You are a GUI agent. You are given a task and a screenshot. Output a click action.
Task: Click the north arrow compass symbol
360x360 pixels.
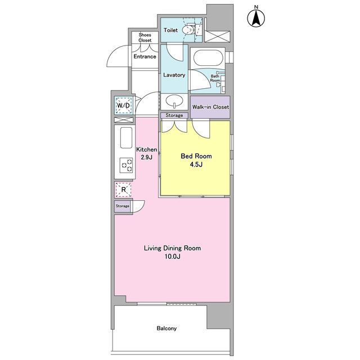coord(256,18)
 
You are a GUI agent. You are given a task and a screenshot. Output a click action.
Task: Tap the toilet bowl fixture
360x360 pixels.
coord(189,29)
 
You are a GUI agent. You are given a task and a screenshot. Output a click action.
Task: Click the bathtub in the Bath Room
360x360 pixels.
coord(208,58)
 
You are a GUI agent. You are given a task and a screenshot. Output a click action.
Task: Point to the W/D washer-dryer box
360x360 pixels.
coord(124,105)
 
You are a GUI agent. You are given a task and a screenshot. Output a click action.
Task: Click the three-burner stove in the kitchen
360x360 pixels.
coord(127,165)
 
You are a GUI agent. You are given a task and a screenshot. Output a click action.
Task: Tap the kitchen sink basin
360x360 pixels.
coord(126,138)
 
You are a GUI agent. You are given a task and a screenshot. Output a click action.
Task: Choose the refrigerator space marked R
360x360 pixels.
coord(124,190)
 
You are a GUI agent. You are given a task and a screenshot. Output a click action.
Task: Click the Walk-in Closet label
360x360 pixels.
coord(210,107)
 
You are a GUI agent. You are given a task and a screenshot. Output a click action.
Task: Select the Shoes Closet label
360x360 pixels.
coord(145,38)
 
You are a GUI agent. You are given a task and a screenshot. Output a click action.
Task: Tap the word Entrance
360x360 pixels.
coord(145,56)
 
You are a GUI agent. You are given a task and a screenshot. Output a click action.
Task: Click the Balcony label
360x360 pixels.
coord(166,328)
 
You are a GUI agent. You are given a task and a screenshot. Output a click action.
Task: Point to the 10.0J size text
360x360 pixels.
coord(172,256)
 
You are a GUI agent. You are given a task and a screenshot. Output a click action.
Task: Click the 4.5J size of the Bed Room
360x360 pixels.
coord(196,165)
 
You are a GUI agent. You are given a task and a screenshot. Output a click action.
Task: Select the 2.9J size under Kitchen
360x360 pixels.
coord(147,157)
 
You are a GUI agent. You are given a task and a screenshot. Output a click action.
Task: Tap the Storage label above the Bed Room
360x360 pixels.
coord(174,115)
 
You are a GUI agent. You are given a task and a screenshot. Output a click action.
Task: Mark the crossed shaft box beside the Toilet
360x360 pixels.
coord(217,37)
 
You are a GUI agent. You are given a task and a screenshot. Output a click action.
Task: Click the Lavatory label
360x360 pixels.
coord(174,75)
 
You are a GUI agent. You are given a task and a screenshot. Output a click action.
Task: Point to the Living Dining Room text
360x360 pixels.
coord(172,248)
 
